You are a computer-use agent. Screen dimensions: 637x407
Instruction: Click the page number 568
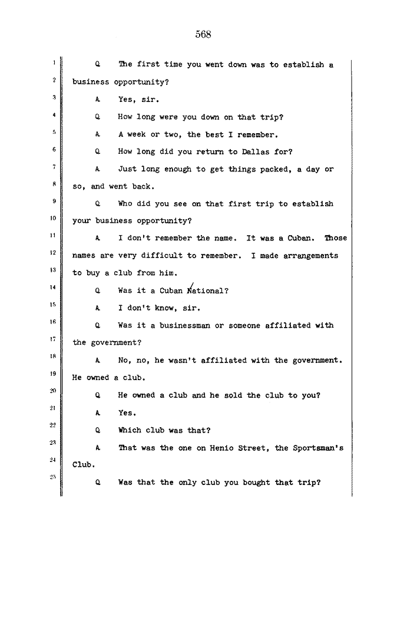click(x=203, y=34)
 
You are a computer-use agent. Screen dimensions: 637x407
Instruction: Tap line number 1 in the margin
click(x=53, y=62)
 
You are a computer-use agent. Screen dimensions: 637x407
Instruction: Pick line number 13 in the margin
click(x=53, y=270)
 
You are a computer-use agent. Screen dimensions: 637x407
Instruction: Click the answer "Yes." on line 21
click(x=127, y=413)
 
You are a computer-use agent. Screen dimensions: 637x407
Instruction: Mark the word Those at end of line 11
click(x=335, y=238)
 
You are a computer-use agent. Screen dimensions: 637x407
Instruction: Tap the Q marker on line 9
click(x=98, y=204)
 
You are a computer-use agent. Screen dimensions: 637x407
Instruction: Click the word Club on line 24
click(x=84, y=465)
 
